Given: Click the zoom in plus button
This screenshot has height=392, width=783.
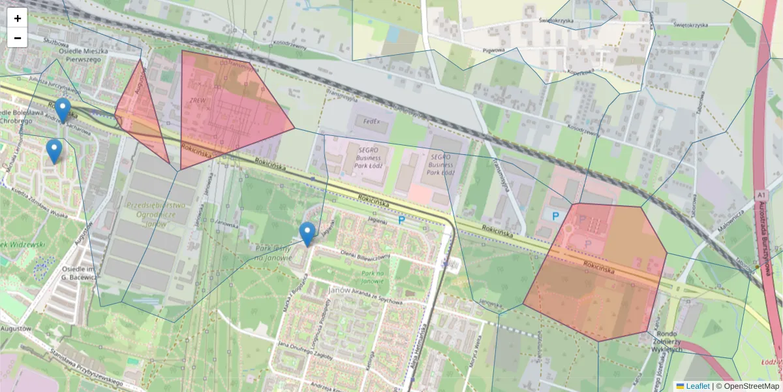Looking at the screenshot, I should point(18,18).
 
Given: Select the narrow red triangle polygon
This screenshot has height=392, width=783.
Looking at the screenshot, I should point(141,111).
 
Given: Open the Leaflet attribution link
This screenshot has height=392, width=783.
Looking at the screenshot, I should point(698,386).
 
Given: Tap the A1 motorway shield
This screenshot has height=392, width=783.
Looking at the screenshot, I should point(761,195).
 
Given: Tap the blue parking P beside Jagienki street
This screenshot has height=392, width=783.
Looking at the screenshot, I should point(402,221).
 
